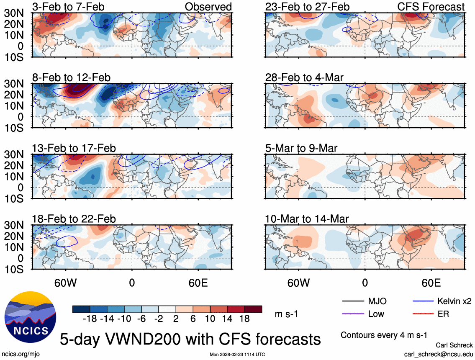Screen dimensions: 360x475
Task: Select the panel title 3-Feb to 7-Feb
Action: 68,7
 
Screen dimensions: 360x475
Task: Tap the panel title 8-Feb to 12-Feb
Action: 71,78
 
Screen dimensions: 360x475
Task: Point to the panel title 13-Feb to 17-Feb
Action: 74,149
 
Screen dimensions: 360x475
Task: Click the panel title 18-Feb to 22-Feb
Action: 74,219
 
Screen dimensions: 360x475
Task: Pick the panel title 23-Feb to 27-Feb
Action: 307,7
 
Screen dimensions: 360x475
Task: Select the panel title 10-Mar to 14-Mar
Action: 307,219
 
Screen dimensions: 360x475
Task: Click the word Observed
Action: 208,7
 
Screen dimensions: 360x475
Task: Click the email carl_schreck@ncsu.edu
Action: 438,354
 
